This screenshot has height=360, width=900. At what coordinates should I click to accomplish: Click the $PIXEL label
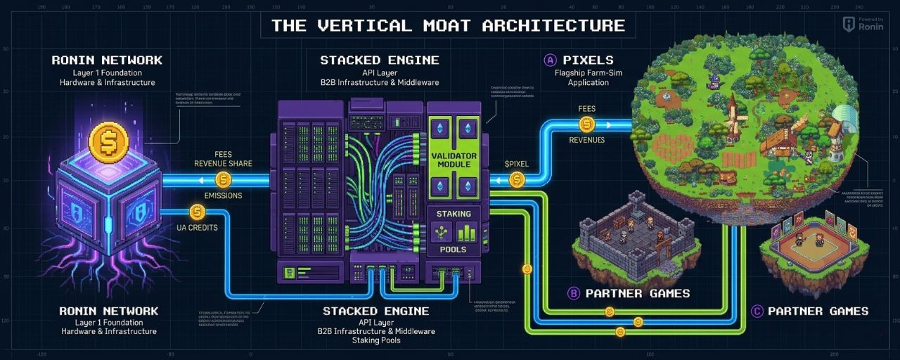click(517, 164)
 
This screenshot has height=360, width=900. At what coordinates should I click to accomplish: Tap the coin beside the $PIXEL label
click(517, 181)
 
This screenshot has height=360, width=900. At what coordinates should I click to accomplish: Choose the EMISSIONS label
click(223, 195)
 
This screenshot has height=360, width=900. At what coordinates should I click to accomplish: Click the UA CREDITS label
click(198, 227)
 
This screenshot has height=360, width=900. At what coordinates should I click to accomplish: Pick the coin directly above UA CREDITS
click(198, 212)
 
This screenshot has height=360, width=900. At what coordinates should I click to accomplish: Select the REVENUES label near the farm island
click(586, 140)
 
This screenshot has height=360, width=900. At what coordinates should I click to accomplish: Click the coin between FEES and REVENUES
click(586, 124)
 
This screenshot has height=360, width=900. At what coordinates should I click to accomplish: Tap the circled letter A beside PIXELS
click(551, 60)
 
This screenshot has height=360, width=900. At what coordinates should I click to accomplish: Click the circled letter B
click(573, 293)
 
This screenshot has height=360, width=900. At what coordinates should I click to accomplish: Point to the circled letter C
click(757, 311)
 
